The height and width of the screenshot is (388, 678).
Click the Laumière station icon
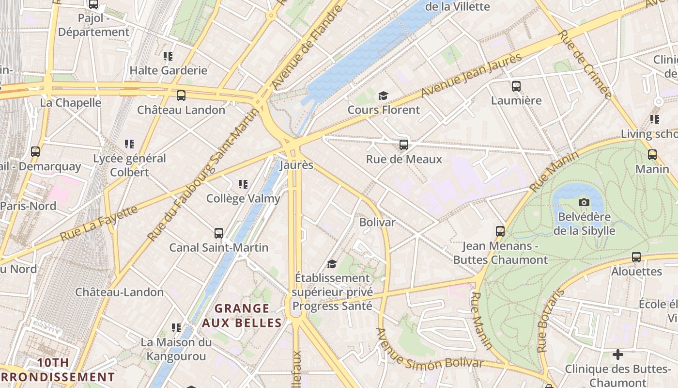tap(516, 86)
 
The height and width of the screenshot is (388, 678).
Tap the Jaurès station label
tap(296, 165)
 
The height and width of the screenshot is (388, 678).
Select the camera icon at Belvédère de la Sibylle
tap(584, 202)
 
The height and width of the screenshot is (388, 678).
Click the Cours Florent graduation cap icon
tap(383, 96)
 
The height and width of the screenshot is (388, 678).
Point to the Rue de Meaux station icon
tap(403, 145)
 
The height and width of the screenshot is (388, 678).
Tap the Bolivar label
tap(377, 222)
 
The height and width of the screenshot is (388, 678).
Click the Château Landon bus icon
tap(181, 96)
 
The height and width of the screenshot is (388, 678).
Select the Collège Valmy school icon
tap(243, 184)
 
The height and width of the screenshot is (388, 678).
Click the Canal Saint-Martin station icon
tap(219, 233)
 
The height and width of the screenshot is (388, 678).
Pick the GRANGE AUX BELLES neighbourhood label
tap(242, 315)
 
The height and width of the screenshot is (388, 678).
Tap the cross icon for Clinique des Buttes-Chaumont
tap(617, 355)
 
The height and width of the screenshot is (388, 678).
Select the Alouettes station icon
tap(636, 257)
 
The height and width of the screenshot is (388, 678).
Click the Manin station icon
tap(652, 155)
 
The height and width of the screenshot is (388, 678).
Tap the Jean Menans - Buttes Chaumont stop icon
tap(500, 231)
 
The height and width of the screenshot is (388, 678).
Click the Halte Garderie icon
tap(168, 56)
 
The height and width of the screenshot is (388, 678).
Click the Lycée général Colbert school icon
tap(129, 144)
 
